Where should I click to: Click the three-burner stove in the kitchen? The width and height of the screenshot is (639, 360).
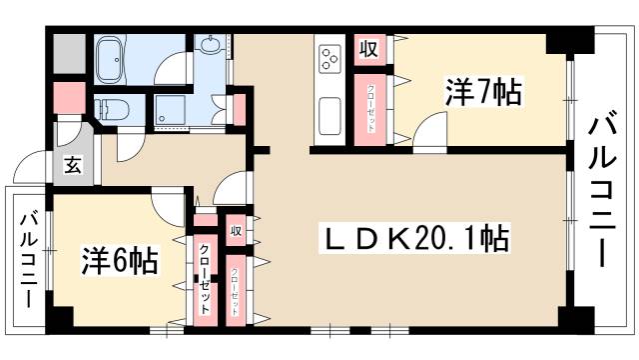[x=328, y=61]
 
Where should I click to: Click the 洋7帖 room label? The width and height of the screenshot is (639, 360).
[x=482, y=93]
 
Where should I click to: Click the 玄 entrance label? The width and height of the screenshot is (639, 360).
[x=74, y=166]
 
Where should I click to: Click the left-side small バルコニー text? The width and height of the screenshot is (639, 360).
[x=29, y=259]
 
